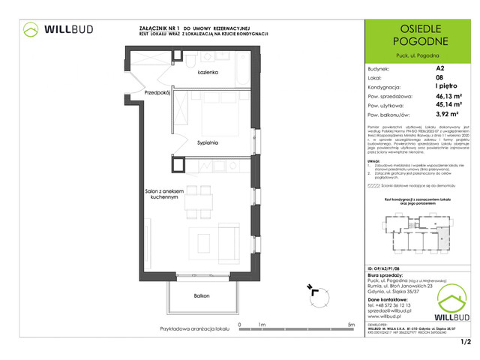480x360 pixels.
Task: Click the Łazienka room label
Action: (208, 73)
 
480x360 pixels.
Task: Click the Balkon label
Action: (201, 296)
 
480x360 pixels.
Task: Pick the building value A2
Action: (439, 66)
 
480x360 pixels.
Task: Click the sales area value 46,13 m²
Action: (450, 96)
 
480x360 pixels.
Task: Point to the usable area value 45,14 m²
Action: (450, 106)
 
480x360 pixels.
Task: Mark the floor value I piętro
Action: (447, 86)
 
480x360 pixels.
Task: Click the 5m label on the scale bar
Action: (352, 325)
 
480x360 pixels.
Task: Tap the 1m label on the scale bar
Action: (262, 325)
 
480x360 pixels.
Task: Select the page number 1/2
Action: (466, 342)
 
